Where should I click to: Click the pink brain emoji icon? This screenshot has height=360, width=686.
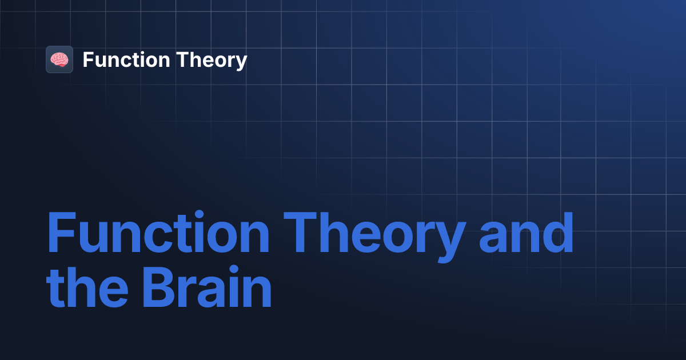59,59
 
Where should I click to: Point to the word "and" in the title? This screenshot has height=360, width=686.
526,234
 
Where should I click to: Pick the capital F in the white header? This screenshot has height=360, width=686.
88,60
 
